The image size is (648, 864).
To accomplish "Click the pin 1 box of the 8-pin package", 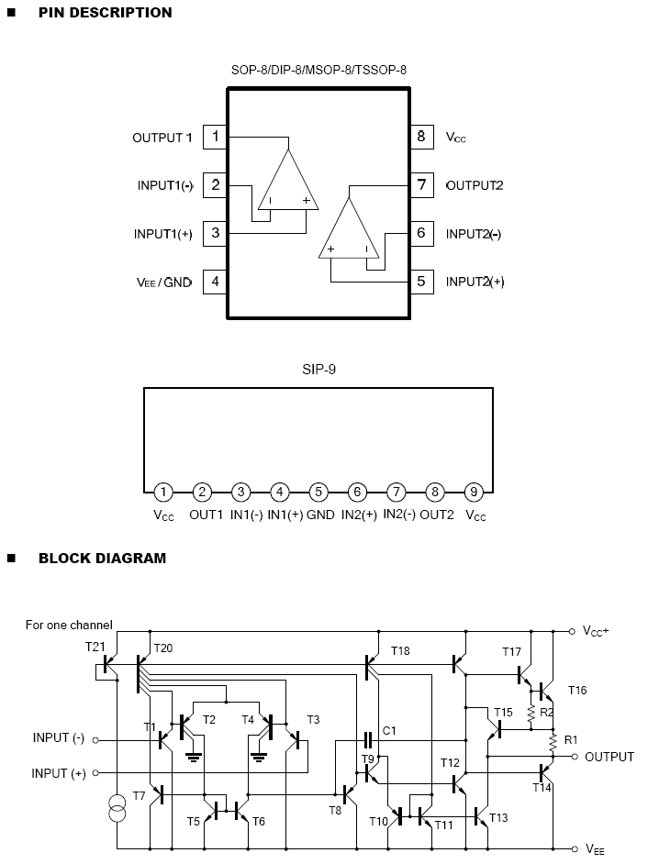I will point(215,138).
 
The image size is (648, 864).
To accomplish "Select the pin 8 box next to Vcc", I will point(421,138).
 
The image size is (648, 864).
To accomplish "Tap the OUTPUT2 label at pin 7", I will point(475,185).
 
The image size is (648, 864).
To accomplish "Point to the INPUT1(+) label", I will point(163,234).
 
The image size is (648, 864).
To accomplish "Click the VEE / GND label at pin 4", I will point(162,282).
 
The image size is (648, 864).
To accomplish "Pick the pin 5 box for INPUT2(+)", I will point(421,282).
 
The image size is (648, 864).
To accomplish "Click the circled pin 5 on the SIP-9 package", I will point(318,492).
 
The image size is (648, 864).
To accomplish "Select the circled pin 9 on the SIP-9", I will point(474,492).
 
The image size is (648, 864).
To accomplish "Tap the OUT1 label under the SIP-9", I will point(207,515).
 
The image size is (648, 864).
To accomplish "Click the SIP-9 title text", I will point(318,371).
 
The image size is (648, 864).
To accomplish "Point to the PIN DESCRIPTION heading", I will point(105,13).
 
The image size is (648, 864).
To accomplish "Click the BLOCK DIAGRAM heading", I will point(102,558).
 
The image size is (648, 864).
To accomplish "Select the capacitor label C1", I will point(389,730).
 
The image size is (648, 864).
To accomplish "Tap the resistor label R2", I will point(547,712).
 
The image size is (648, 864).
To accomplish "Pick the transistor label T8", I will point(336,809).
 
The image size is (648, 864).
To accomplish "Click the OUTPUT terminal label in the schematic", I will point(609,757).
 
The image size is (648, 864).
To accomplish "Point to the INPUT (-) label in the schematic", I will point(59,738).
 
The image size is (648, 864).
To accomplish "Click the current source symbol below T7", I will point(117,810).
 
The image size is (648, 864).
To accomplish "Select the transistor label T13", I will point(498,817).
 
